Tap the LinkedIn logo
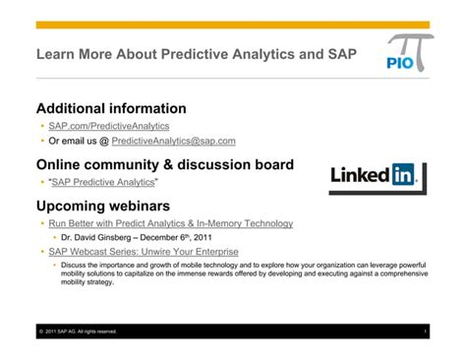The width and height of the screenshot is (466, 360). click(373, 177)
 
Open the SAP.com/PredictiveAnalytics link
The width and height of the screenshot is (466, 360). click(108, 126)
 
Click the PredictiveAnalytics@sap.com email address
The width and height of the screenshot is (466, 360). click(174, 141)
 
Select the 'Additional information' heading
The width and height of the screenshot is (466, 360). click(111, 108)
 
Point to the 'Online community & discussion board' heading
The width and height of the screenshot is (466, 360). click(164, 164)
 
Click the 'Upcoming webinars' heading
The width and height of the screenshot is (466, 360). click(103, 206)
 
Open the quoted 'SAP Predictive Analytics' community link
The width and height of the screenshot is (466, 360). click(103, 182)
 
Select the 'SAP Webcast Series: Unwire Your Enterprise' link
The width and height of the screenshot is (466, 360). click(144, 252)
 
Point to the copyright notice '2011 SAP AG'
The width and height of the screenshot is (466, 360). click(79, 331)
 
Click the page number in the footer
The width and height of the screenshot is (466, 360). click(425, 331)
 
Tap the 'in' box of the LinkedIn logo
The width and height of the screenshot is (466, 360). click(403, 176)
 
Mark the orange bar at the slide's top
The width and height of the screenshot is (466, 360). click(232, 25)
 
